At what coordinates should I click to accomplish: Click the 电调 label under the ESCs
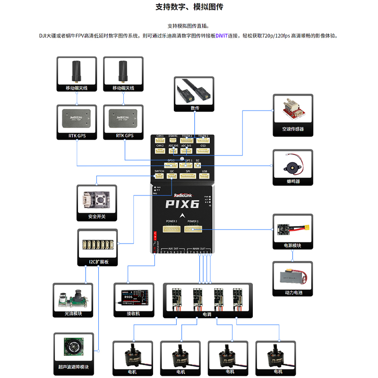[x=207, y=314]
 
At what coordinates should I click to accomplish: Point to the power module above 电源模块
[x=292, y=229]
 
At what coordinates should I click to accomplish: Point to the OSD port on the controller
[x=203, y=151]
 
